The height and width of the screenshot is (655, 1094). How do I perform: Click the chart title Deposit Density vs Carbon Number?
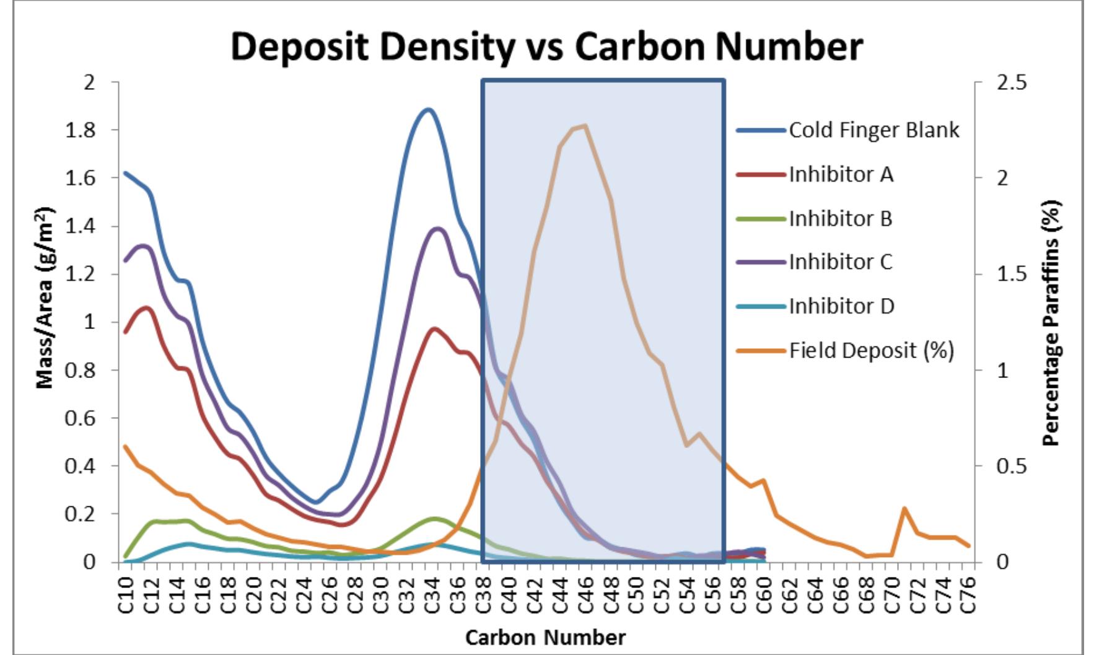[x=546, y=46]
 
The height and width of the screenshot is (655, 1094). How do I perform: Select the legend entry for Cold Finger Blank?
[x=873, y=131]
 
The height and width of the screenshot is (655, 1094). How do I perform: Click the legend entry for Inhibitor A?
[x=841, y=175]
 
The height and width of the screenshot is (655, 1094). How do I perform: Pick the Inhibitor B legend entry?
[x=840, y=219]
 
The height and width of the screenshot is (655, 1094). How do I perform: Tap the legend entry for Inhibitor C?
[x=841, y=262]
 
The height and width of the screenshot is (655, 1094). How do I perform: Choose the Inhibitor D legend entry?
[x=841, y=306]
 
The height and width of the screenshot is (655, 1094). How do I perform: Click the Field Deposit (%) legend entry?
[x=871, y=351]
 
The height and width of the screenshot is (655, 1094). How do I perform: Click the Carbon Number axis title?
[x=545, y=638]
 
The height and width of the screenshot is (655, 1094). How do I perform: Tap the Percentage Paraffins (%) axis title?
[x=1051, y=322]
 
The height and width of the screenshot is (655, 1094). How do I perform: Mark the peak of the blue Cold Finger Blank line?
[x=427, y=110]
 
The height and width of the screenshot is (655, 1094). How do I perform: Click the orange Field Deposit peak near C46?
[x=585, y=126]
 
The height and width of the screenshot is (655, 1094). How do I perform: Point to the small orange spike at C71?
[x=904, y=509]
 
